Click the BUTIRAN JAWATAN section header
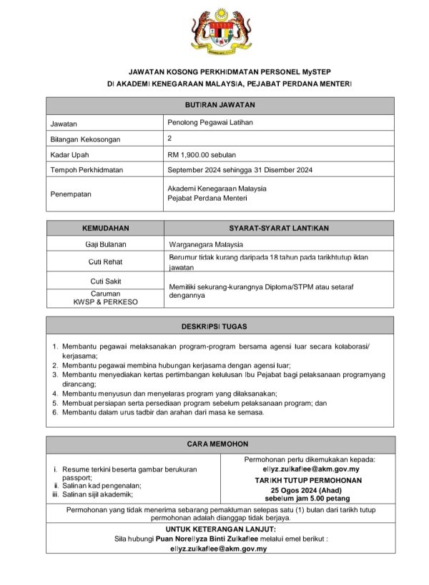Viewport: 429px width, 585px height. click(220, 105)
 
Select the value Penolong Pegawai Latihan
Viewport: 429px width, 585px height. click(205, 123)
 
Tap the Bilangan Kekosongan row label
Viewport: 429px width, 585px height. click(85, 139)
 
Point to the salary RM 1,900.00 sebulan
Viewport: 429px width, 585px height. click(202, 154)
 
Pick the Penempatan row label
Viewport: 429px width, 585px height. click(71, 194)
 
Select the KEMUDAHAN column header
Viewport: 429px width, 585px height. click(105, 228)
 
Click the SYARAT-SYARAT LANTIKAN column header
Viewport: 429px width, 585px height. click(279, 228)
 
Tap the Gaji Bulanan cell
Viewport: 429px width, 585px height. click(105, 244)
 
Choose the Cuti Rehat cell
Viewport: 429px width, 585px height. click(105, 262)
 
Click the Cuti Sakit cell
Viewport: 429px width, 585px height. click(105, 281)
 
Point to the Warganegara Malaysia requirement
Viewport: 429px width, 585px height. click(206, 244)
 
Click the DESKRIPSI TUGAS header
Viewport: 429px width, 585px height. click(220, 326)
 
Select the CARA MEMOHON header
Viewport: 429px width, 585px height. click(220, 444)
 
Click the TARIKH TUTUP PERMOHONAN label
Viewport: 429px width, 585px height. click(308, 481)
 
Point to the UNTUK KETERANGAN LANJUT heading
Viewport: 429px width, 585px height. click(220, 529)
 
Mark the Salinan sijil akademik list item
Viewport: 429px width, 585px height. click(96, 494)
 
